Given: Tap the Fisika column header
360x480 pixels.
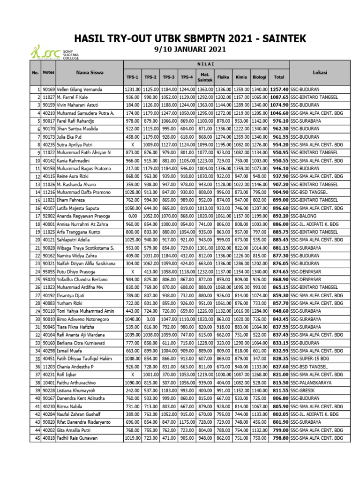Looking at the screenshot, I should click(223, 76).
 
